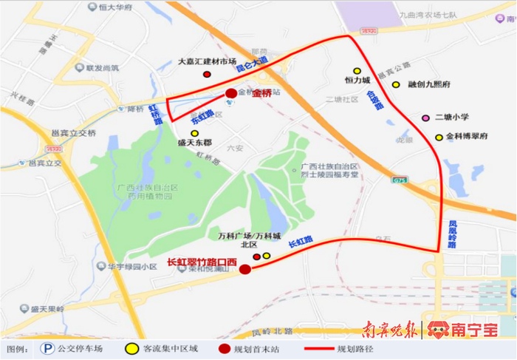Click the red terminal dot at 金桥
point(231,93)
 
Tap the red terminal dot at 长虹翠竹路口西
point(245,269)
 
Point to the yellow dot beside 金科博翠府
point(439,137)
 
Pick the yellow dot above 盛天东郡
point(195,133)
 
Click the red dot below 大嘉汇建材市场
point(206,75)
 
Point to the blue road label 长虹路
point(300,241)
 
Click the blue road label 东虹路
point(202,116)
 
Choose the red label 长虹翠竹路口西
point(202,262)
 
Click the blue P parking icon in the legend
point(48,347)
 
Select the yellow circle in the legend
point(131,347)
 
